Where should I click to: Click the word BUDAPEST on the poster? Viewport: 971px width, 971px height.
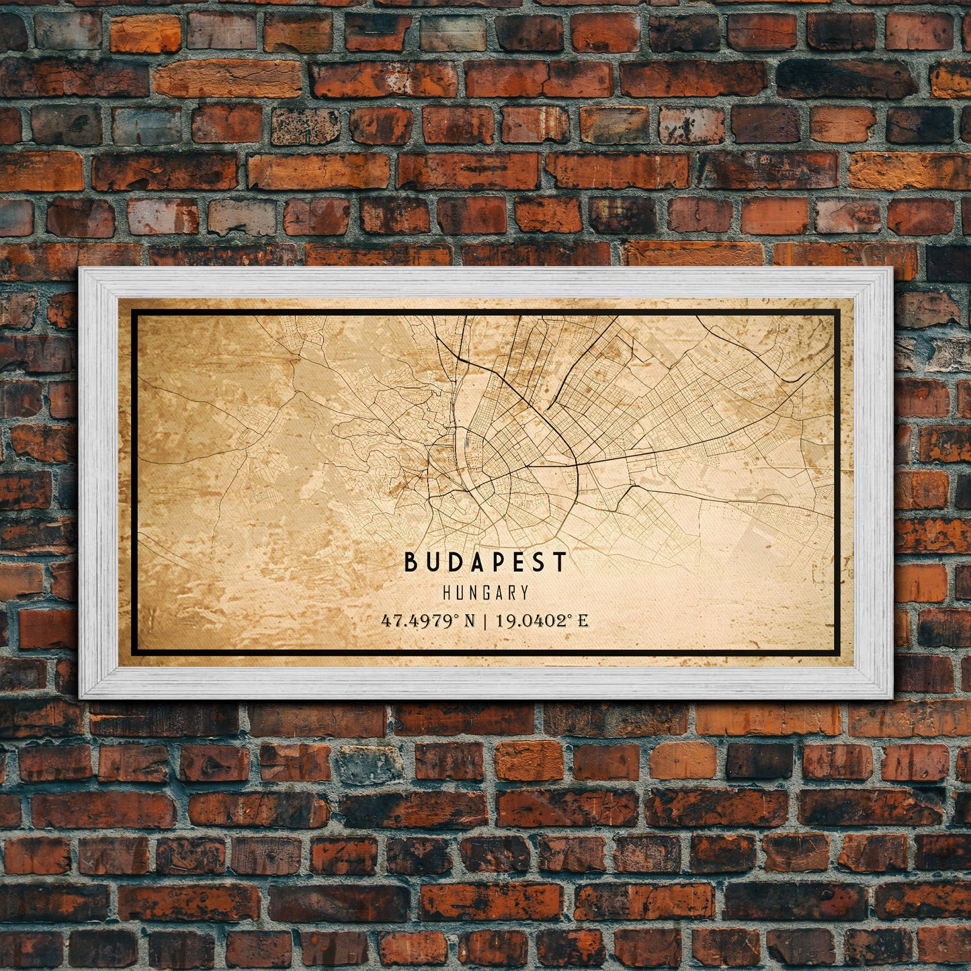coord(486,562)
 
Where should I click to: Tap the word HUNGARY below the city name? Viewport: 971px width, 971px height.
coord(486,593)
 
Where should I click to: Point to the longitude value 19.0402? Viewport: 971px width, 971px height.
coord(532,621)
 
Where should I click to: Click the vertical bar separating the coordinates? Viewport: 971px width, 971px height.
coord(485,621)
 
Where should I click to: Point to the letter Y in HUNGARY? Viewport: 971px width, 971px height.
coord(524,593)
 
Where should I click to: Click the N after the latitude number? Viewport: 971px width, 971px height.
coord(468,621)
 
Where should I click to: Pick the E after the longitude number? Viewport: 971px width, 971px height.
coord(583,621)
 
